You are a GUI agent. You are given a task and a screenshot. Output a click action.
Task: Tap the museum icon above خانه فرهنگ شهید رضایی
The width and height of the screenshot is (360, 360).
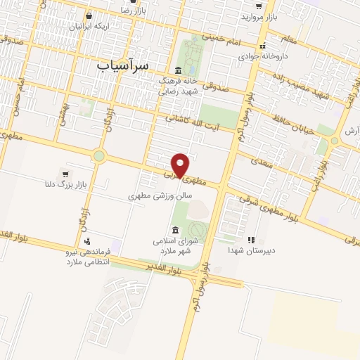pyautogui.click(x=177, y=70)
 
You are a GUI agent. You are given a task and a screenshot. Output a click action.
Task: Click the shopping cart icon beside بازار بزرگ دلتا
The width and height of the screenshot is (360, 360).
pyautogui.click(x=65, y=174)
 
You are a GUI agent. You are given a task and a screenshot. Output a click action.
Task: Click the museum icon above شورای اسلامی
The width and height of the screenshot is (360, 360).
pyautogui.click(x=174, y=230)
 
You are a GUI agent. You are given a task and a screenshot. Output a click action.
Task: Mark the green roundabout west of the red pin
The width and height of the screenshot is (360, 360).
pyautogui.click(x=99, y=156)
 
